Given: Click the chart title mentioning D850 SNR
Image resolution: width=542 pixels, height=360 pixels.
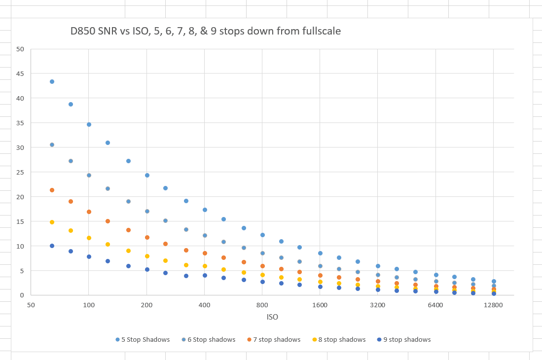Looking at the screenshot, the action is coord(205,31).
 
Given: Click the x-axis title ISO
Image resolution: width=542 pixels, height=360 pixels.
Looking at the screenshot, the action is coord(272,317).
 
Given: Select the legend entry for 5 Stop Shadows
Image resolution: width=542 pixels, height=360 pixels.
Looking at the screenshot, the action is coord(143,340).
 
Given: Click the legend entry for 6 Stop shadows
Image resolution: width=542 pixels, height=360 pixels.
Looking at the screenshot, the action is coord(209,340).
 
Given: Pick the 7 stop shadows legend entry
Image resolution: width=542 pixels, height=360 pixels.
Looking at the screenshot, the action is coord(274,340).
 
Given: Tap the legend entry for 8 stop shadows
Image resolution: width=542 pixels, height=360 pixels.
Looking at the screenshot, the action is coord(339,340).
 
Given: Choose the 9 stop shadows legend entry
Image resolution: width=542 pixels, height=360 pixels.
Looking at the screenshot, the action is coord(404,340).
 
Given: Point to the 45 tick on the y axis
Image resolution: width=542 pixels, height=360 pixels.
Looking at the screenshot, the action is coord(20,73).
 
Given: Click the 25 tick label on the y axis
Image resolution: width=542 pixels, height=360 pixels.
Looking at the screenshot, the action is coord(20,172).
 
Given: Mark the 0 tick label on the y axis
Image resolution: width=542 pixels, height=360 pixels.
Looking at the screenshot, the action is coord(22,295).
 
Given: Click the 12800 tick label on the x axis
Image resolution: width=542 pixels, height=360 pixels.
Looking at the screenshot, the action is coord(493,305).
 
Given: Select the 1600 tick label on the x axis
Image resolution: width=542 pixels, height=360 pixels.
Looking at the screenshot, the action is coord(320,305).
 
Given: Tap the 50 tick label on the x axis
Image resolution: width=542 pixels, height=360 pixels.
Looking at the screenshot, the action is coord(31,305).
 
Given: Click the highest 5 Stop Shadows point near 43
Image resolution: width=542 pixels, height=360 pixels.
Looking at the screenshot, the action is coord(52,81).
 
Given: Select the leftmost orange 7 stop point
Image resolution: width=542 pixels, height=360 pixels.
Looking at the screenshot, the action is coord(52,190).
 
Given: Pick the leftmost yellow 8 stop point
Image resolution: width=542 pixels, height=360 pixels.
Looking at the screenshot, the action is coord(52,222).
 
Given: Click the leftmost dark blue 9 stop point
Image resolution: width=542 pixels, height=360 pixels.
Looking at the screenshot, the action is coord(52,246).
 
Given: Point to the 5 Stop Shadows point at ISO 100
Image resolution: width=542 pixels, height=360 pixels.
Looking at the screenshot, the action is coord(89,124).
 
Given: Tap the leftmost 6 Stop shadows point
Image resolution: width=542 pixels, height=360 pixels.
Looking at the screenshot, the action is coord(52,145).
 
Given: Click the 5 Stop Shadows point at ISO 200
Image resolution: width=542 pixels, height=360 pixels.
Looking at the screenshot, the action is coord(147,175).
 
